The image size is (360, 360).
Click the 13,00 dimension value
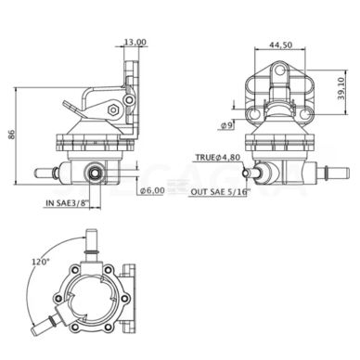[x=135, y=42]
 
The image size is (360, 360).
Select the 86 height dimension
[x=11, y=135]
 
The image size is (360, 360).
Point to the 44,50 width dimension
[x=280, y=45]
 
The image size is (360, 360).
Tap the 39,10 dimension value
[x=341, y=88]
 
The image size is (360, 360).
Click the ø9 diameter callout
[x=226, y=125]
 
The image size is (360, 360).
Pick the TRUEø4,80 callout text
[x=218, y=158]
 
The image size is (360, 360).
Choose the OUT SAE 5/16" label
[x=220, y=192]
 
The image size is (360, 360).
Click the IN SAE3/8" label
[x=68, y=203]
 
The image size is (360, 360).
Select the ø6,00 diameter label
[x=152, y=191]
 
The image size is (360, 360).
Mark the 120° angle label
[x=41, y=262]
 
